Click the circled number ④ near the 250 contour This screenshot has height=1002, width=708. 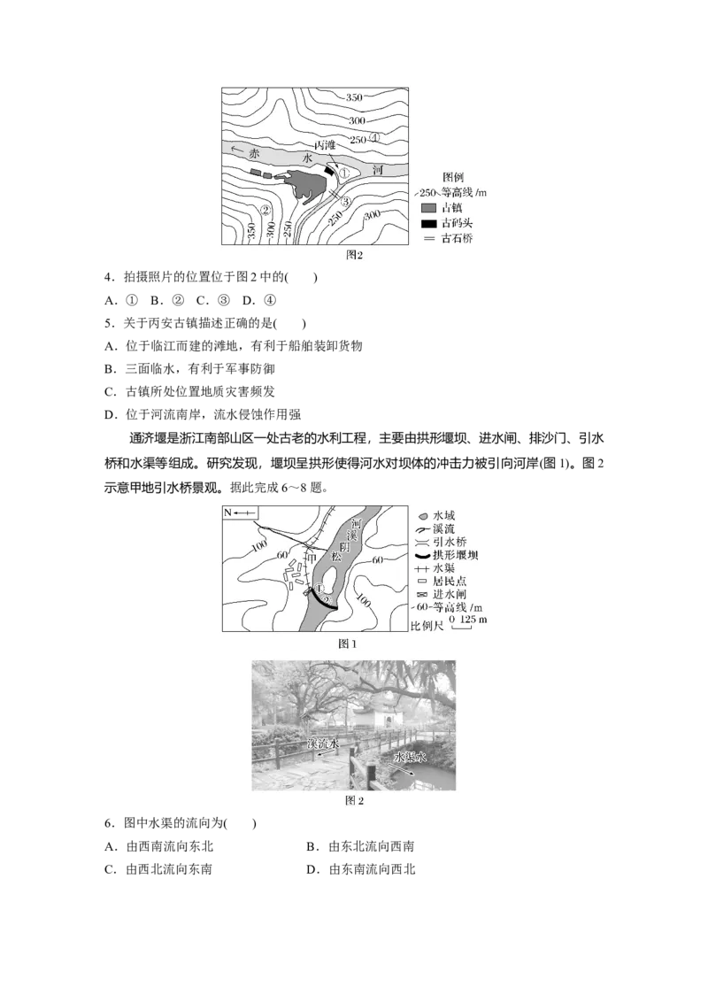[375, 138]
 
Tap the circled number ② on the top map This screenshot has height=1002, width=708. [265, 210]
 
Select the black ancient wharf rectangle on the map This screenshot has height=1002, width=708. [329, 169]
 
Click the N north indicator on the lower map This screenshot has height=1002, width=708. [227, 513]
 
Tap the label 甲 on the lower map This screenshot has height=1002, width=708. [310, 558]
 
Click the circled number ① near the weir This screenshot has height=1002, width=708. [319, 588]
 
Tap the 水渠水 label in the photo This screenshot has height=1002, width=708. [410, 757]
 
